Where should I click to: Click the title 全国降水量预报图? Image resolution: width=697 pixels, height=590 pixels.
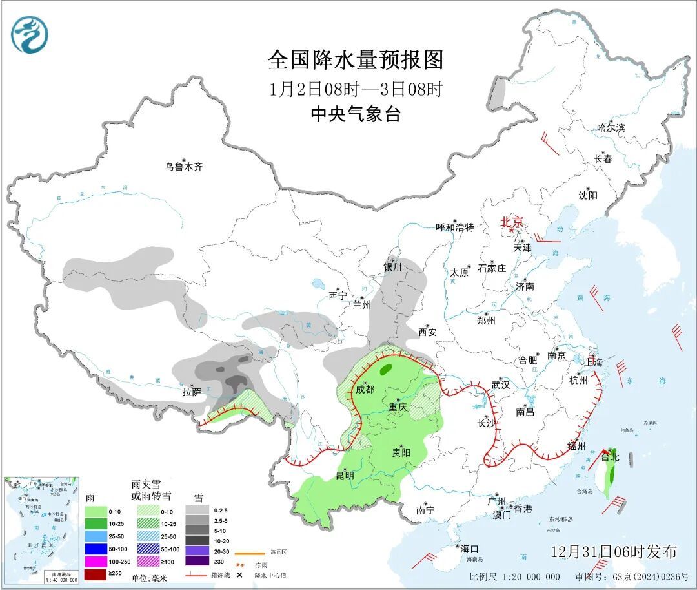pyautogui.click(x=356, y=60)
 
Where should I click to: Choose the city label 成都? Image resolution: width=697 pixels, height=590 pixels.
pyautogui.click(x=365, y=389)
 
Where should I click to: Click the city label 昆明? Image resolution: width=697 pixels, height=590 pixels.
pyautogui.click(x=345, y=476)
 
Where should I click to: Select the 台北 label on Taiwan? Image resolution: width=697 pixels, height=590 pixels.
pyautogui.click(x=610, y=457)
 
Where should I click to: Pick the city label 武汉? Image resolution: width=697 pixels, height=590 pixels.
pyautogui.click(x=500, y=385)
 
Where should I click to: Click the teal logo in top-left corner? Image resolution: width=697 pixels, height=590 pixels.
pyautogui.click(x=30, y=35)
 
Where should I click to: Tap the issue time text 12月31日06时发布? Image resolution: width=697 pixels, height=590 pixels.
pyautogui.click(x=614, y=551)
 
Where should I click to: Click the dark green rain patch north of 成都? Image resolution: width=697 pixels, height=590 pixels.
pyautogui.click(x=386, y=370)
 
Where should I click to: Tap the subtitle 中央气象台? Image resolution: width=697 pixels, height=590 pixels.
pyautogui.click(x=356, y=114)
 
